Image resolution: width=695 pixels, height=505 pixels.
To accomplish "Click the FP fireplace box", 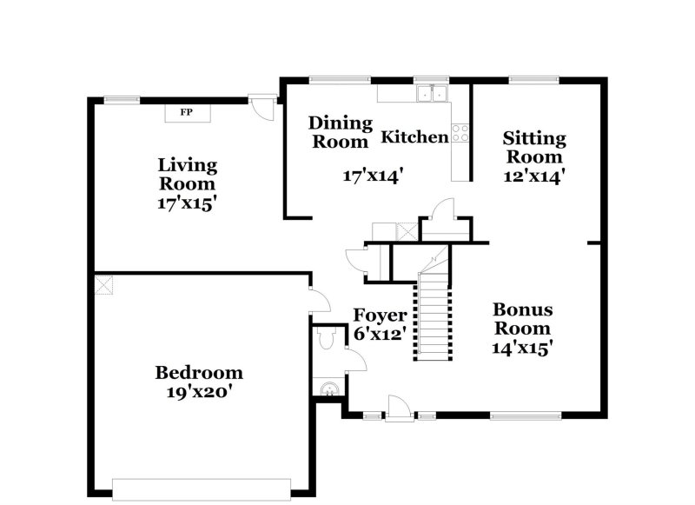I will click(187, 113).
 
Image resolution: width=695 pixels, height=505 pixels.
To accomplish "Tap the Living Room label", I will click(187, 174).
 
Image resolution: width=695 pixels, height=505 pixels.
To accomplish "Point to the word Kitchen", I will click(415, 137).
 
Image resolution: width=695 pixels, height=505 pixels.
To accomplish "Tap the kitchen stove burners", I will click(460, 133).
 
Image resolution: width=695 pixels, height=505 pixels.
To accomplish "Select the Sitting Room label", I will click(534, 148).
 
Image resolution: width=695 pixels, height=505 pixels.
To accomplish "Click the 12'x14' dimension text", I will click(534, 176).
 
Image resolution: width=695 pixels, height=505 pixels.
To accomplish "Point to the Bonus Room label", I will click(522, 319).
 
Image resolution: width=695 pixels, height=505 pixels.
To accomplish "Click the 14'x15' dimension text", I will click(522, 348).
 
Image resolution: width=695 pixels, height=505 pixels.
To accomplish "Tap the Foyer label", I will click(380, 315).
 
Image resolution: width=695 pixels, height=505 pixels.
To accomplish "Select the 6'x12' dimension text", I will click(380, 334).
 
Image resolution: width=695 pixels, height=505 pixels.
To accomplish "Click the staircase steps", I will click(434, 317).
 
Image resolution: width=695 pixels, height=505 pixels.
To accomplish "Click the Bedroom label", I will click(199, 373).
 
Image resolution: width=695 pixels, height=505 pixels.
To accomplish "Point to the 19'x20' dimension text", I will click(199, 392).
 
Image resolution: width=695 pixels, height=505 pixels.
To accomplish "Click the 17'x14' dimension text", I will click(373, 176).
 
